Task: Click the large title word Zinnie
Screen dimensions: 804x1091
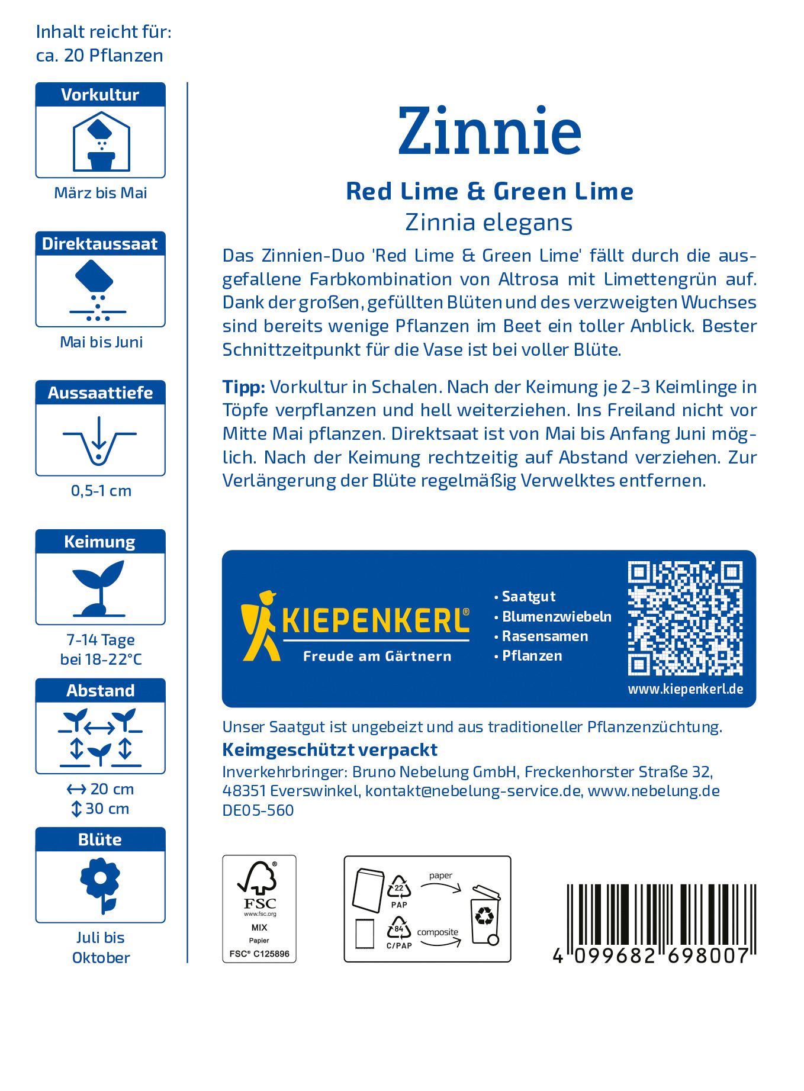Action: point(490,131)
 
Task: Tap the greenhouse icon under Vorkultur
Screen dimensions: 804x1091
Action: point(101,142)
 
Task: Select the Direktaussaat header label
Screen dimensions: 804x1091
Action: point(100,244)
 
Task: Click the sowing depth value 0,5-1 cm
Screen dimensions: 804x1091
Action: point(101,491)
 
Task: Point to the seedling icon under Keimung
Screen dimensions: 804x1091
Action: point(99,588)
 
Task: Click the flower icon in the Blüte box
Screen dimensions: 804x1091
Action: point(101,886)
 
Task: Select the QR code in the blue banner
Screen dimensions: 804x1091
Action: point(685,618)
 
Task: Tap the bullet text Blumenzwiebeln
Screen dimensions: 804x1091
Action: point(557,616)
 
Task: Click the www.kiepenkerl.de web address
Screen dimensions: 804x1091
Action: point(686,689)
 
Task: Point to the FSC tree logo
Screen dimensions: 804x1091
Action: point(258,878)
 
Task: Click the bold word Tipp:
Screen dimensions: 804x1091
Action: point(244,387)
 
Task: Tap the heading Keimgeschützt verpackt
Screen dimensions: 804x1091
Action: point(330,750)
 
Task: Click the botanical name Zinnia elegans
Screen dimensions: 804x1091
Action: point(489,223)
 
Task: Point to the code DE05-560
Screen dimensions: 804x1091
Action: point(258,810)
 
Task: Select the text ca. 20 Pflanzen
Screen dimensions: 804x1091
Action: point(99,56)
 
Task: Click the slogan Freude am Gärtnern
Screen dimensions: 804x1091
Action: point(377,656)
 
